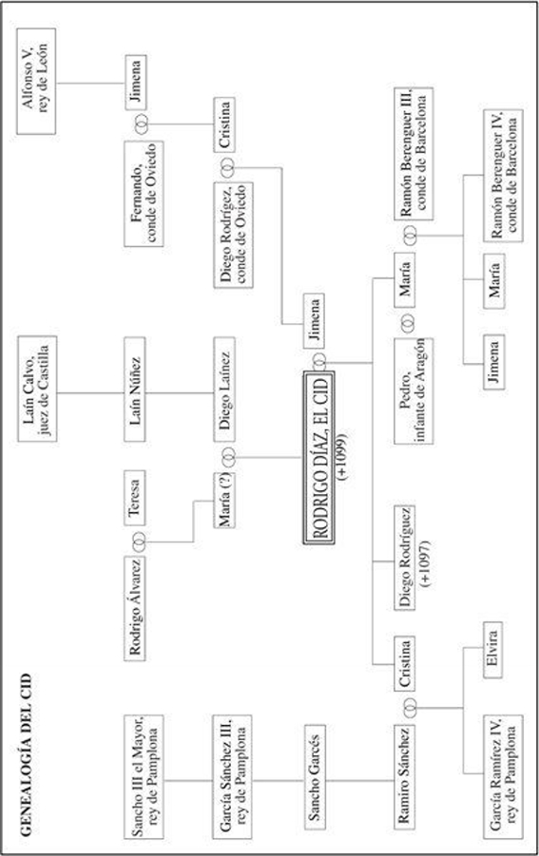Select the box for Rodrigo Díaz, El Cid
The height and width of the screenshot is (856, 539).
[x=318, y=458]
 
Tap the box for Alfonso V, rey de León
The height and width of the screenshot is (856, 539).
[x=36, y=82]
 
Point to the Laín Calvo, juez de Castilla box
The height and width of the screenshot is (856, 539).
[x=37, y=389]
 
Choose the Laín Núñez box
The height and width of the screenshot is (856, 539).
[x=135, y=390]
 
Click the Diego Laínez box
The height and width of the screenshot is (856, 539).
[x=224, y=390]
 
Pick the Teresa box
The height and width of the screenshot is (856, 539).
[x=135, y=498]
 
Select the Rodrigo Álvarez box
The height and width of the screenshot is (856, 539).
[x=135, y=609]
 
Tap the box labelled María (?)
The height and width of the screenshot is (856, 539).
[x=224, y=501]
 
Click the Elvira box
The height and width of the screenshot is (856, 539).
[x=493, y=650]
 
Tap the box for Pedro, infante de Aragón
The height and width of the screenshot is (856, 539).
[x=414, y=390]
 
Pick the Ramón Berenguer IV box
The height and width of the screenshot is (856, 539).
[x=503, y=175]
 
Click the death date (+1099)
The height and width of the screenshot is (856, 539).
[x=343, y=458]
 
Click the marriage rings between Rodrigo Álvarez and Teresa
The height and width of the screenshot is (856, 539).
[x=139, y=542]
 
